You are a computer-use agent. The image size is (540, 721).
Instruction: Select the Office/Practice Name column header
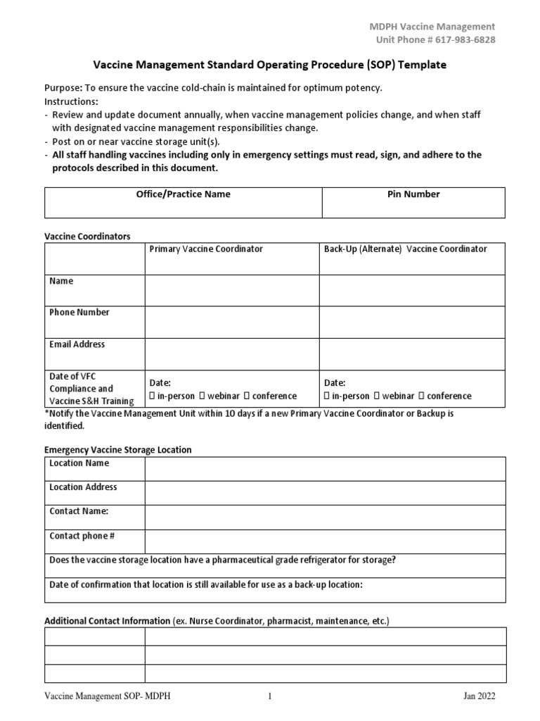point(183,194)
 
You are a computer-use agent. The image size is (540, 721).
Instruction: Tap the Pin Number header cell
point(413,194)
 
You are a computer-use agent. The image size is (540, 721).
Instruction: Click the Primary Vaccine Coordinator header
point(206,249)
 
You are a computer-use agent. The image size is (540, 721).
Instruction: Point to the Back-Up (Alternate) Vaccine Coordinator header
point(405,249)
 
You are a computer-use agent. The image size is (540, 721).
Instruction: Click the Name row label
point(61,281)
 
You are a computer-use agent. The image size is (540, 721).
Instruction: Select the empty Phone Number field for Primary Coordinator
point(231,322)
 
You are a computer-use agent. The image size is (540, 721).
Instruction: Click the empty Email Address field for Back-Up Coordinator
point(411,353)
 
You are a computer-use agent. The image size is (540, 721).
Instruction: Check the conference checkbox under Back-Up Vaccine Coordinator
point(423,396)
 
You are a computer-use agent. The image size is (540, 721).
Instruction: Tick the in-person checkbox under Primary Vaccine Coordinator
point(153,396)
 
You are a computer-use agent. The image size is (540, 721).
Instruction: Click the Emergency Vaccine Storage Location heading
point(118,450)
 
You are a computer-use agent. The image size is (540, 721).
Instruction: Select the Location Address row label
point(83,487)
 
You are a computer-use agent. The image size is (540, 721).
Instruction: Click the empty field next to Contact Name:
point(324,517)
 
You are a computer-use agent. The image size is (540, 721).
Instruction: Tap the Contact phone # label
point(82,537)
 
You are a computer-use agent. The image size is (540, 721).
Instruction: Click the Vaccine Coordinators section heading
point(87,237)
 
